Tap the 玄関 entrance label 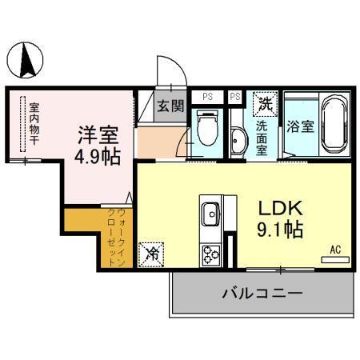(170, 105)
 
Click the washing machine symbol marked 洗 (265, 103)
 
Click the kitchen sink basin (211, 214)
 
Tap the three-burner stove (211, 254)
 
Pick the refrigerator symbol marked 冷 (150, 254)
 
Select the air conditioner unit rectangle (336, 258)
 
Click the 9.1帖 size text (279, 230)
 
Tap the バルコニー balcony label (262, 294)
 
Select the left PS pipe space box (207, 97)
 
